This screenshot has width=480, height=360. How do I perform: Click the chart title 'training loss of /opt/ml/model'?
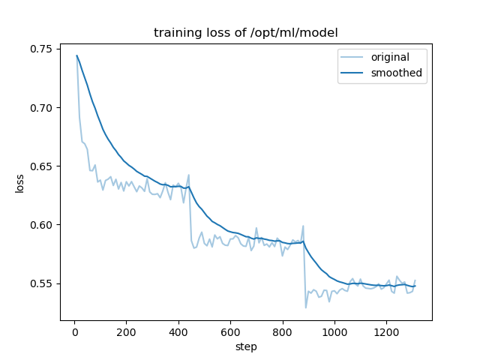(245, 33)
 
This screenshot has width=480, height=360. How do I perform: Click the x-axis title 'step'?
(246, 346)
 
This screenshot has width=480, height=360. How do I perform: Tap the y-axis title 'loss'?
(20, 184)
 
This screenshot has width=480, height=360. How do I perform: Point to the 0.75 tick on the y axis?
(41, 49)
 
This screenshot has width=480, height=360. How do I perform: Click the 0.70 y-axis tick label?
(41, 108)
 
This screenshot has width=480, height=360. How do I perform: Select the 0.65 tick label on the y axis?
(41, 166)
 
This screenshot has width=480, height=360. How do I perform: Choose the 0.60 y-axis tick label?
(41, 225)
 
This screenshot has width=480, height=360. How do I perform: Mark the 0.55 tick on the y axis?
(41, 283)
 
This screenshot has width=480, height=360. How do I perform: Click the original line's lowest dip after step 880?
(306, 307)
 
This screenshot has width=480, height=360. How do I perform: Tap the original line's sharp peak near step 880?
(303, 226)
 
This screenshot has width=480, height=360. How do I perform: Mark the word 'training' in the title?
(175, 33)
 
